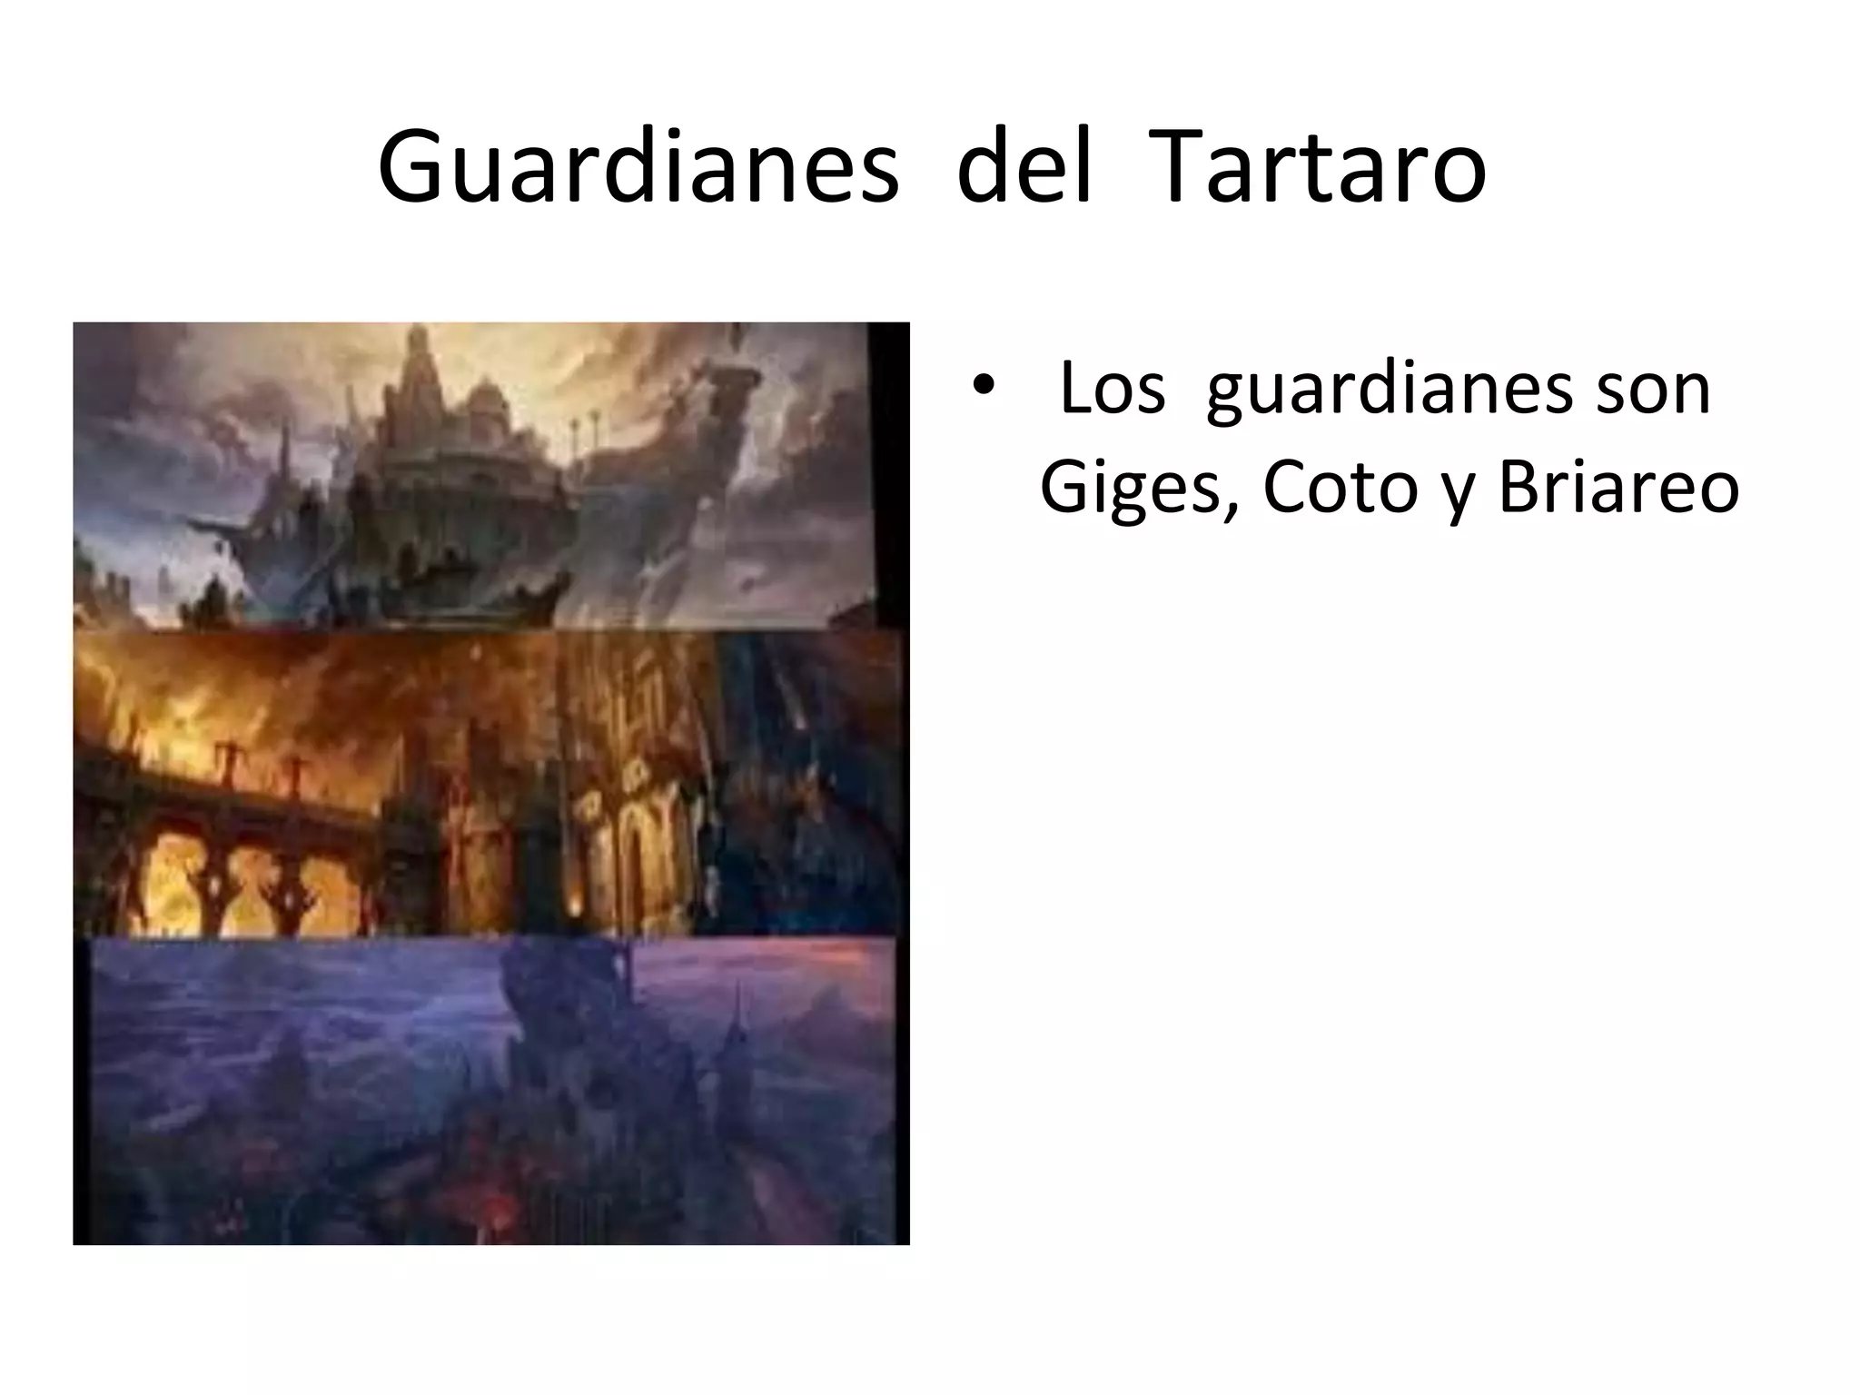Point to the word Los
click(1112, 389)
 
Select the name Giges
click(1135, 489)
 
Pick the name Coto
click(1339, 487)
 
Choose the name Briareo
click(1618, 487)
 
